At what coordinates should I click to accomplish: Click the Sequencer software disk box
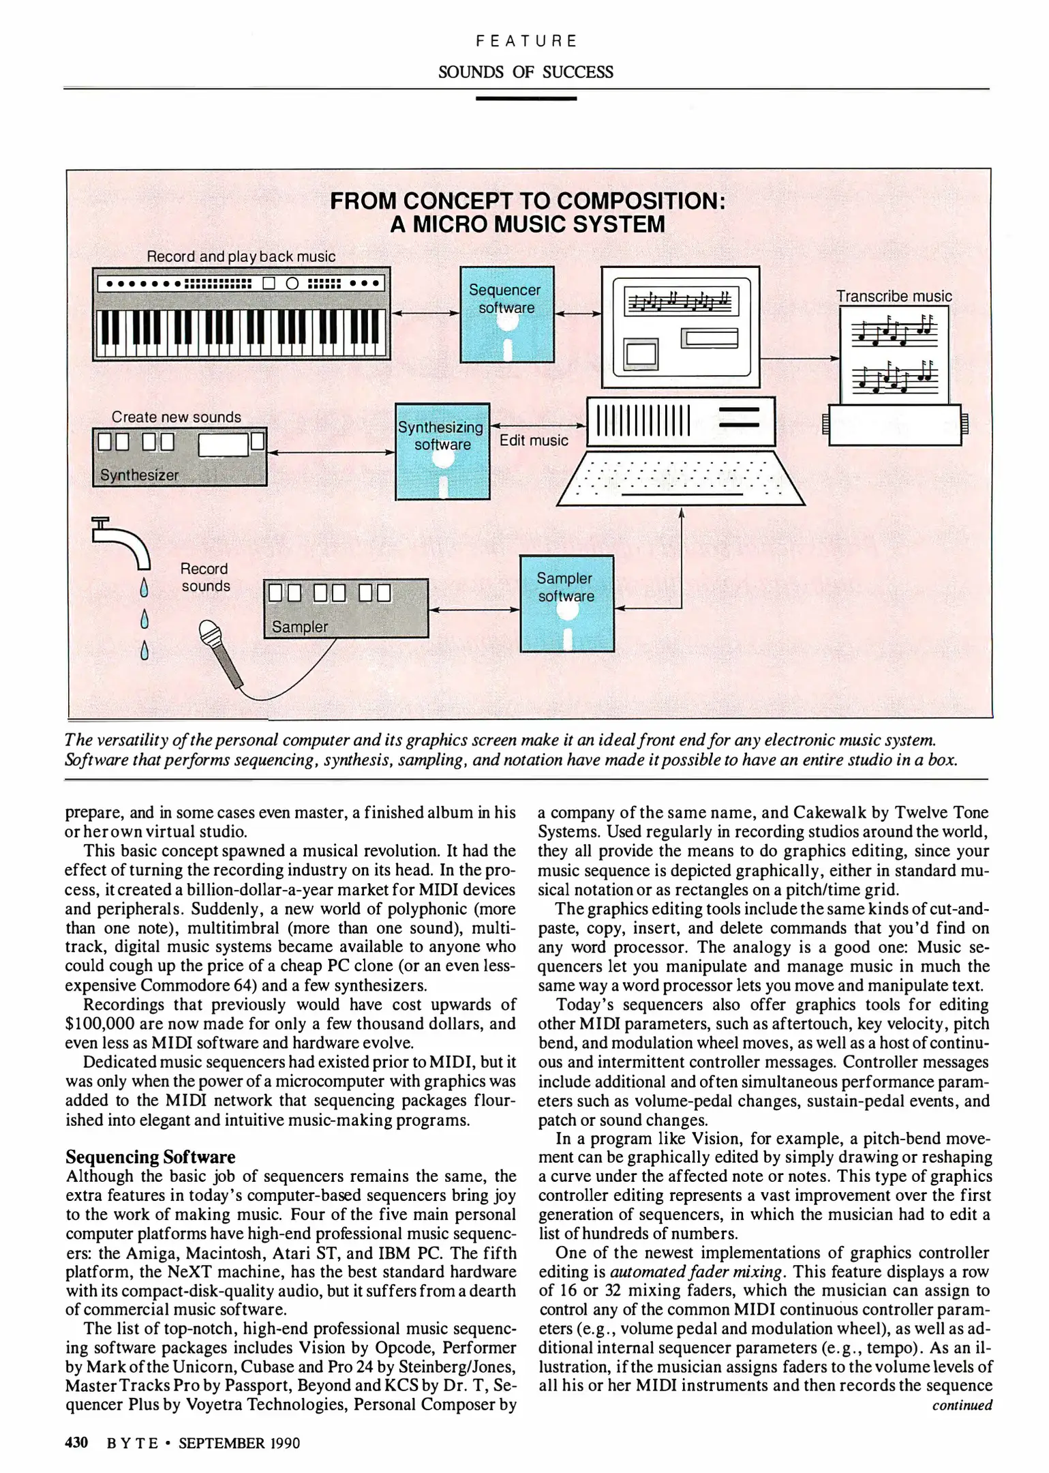coord(506,314)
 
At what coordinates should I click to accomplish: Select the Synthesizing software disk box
coord(442,451)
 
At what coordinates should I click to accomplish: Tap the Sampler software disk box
coord(566,604)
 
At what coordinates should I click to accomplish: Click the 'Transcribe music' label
coord(894,296)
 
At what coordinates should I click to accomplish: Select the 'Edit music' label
coord(534,441)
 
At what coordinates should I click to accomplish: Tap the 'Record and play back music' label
coord(241,256)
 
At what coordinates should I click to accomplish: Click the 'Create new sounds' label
coord(176,417)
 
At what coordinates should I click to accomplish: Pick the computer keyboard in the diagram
coord(680,479)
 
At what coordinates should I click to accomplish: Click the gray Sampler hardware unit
coord(346,608)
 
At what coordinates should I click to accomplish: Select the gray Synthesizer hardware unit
coord(179,456)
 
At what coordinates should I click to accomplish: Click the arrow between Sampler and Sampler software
coord(474,610)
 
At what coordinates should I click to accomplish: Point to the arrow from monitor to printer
coord(800,358)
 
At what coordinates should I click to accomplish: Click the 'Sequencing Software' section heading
coord(150,1157)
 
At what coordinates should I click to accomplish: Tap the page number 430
coord(76,1442)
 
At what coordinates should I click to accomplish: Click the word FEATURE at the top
coord(526,41)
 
